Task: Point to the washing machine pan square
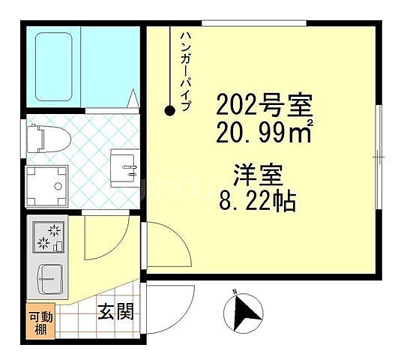point(43,183)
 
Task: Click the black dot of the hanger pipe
point(170,112)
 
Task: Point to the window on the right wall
point(379,153)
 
